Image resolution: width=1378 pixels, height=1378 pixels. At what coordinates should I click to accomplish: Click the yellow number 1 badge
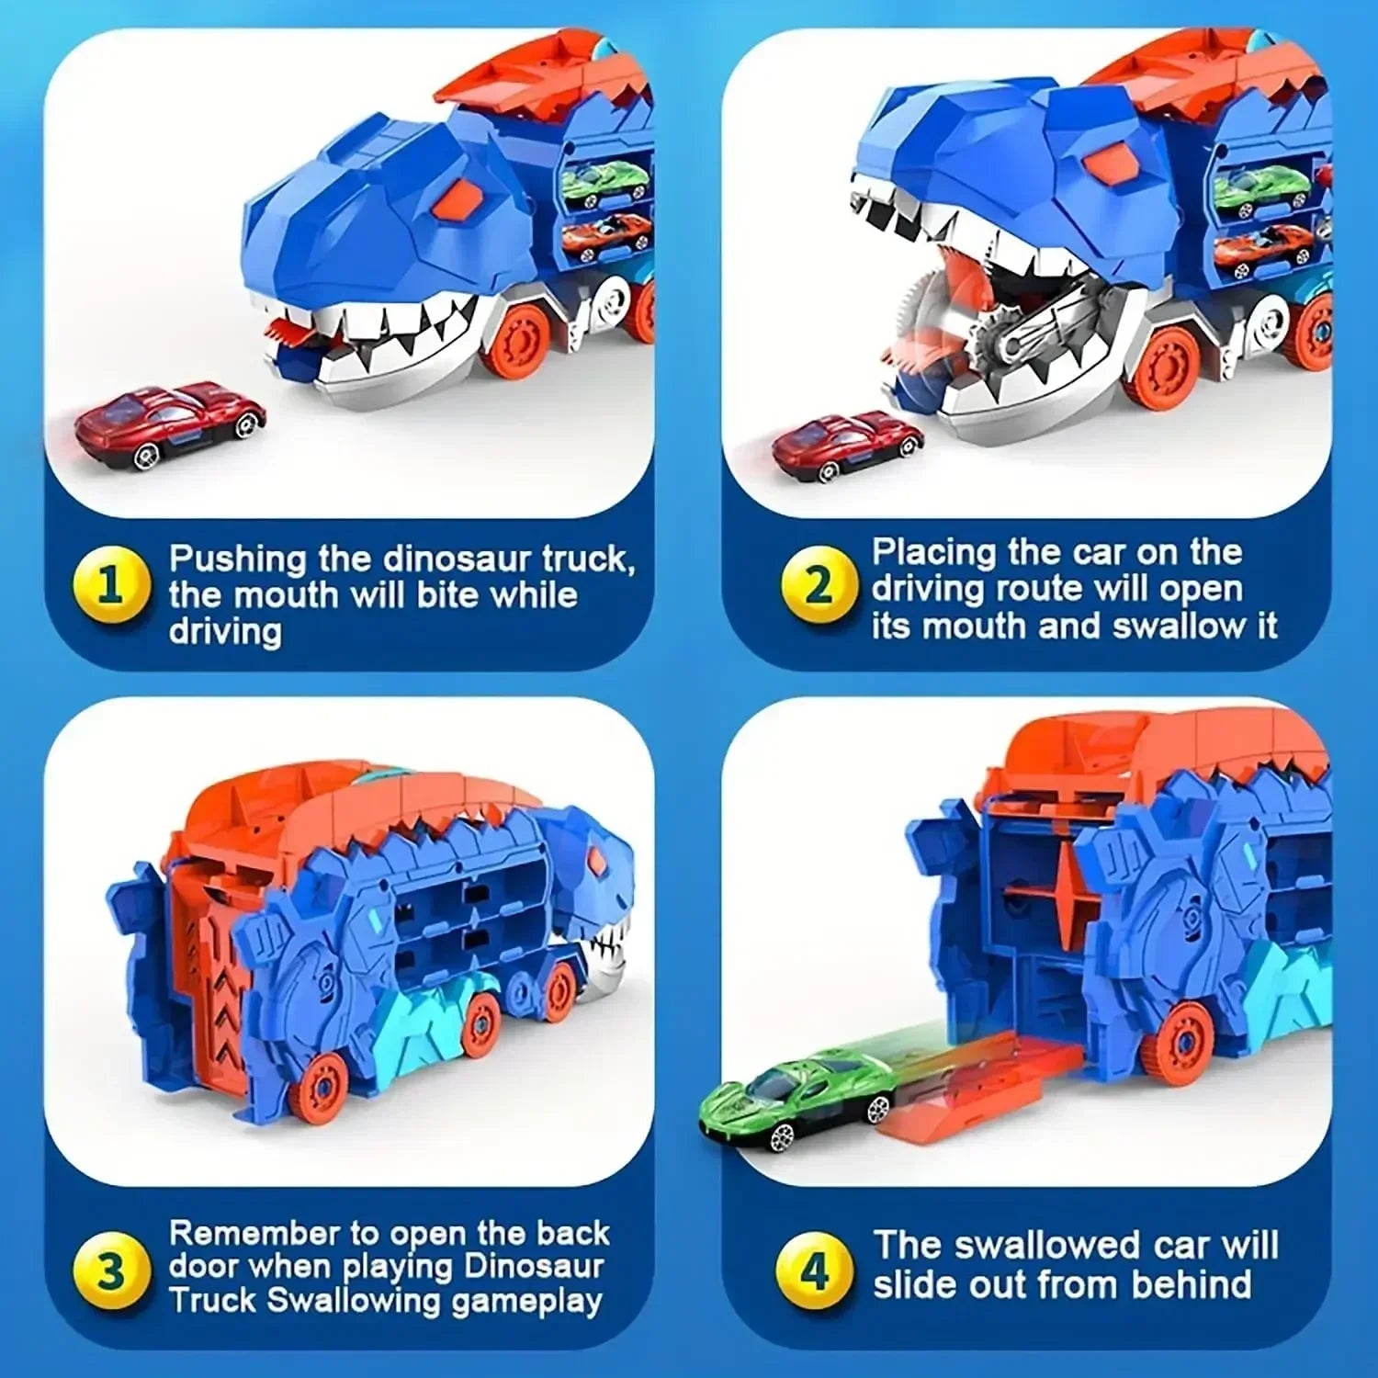[x=111, y=585]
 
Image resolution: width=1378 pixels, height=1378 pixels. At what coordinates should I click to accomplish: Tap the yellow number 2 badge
[x=818, y=585]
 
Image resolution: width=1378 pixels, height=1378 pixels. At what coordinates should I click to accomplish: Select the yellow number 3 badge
[x=111, y=1271]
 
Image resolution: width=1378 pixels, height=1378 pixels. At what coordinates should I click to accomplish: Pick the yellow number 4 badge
[x=814, y=1271]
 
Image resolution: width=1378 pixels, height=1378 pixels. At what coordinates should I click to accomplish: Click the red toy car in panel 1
[x=171, y=424]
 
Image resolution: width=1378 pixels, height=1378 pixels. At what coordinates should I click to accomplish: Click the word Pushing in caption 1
[x=238, y=559]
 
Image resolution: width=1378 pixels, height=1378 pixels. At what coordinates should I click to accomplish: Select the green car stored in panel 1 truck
[x=604, y=181]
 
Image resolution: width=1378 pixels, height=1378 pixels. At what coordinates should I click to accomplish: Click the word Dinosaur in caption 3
[x=533, y=1267]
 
